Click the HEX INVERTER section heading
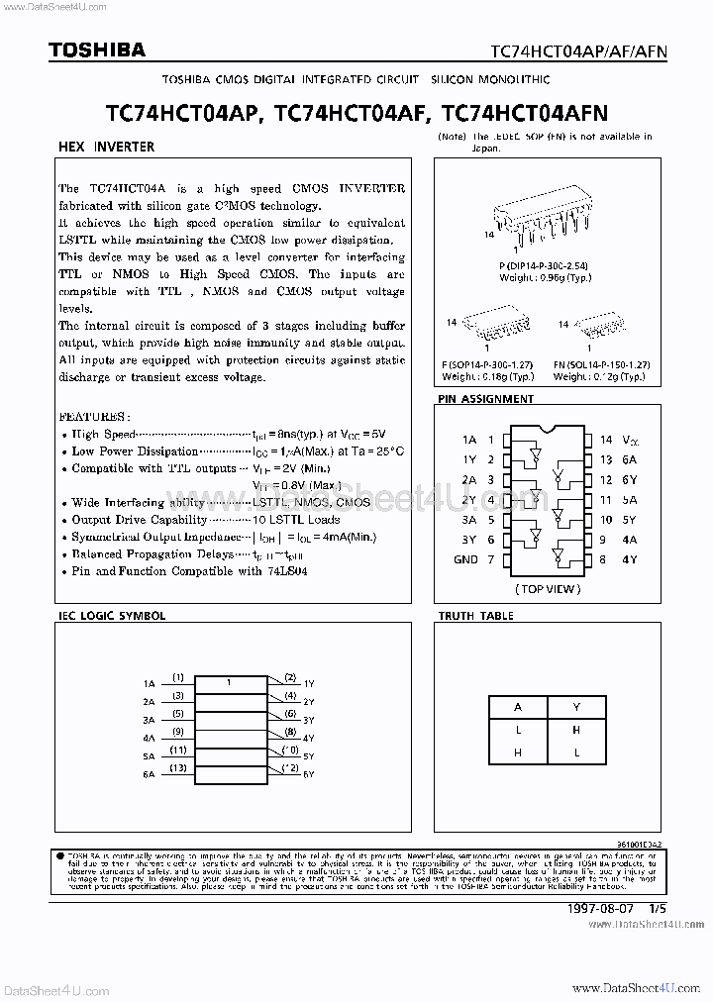pos(107,147)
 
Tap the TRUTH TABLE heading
pos(476,615)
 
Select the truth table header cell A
pos(517,708)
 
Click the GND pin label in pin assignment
pos(466,559)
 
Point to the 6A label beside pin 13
pos(630,458)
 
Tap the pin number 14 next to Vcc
pos(606,438)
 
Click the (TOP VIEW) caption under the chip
pos(548,588)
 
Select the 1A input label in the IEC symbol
pos(149,684)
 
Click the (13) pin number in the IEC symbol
pos(178,767)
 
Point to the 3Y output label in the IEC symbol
pos(309,720)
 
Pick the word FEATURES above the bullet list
pos(92,417)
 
